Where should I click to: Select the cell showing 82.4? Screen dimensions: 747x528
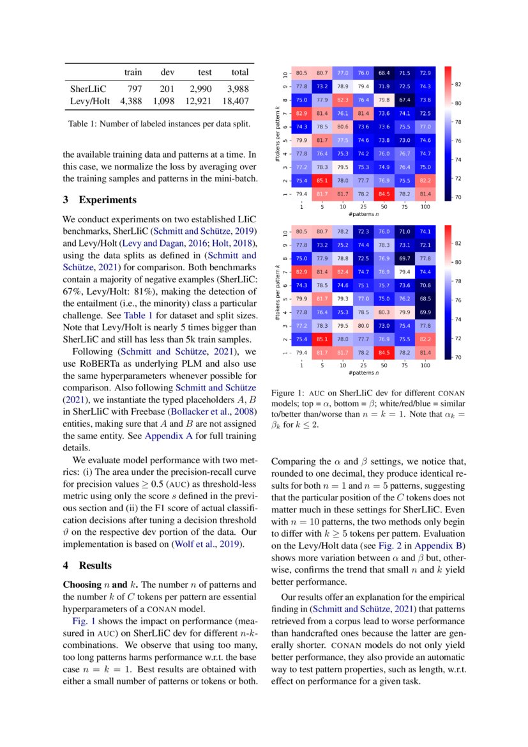(343, 272)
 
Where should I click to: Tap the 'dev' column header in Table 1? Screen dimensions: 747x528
(167, 72)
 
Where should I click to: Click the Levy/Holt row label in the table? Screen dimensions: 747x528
(90, 101)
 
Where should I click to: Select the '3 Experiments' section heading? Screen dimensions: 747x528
(100, 200)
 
